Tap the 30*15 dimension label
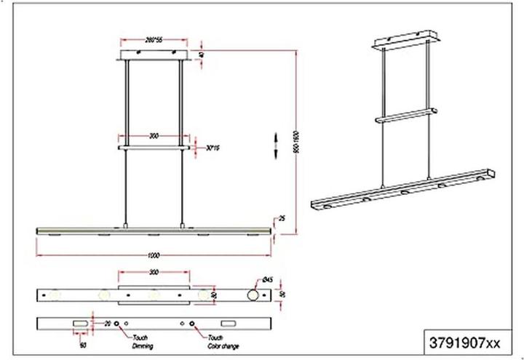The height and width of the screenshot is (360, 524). (x=213, y=148)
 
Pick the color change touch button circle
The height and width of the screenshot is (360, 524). (x=192, y=322)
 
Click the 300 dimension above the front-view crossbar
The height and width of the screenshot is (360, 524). (x=154, y=136)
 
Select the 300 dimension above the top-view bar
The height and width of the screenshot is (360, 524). (x=154, y=271)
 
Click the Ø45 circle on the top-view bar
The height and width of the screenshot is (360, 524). (x=253, y=296)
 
